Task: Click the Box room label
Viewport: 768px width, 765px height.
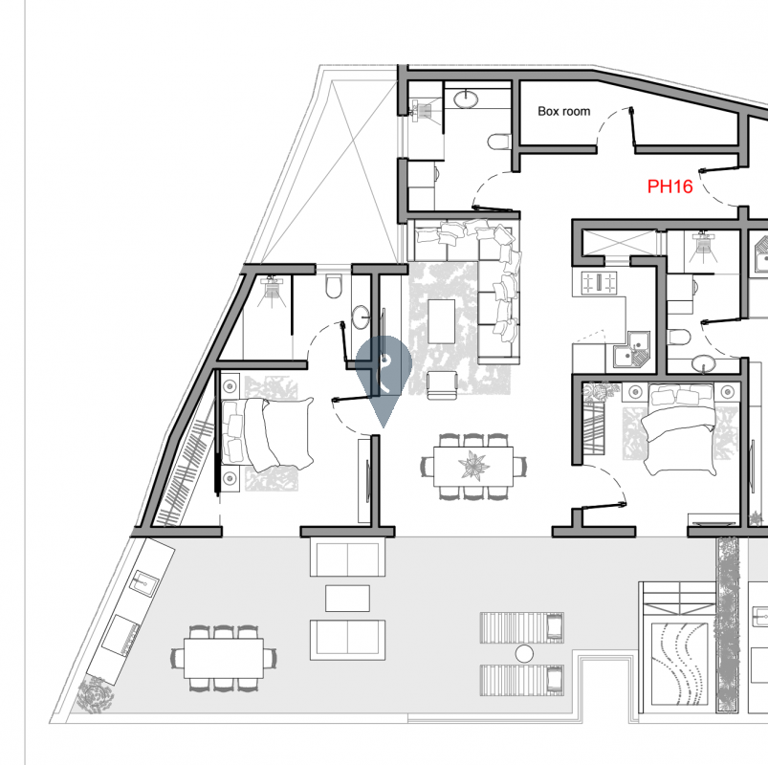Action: (x=563, y=112)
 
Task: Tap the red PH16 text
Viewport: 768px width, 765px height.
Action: (x=669, y=186)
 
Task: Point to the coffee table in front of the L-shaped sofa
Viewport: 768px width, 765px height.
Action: (x=442, y=320)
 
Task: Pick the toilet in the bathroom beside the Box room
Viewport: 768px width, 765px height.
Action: (x=500, y=142)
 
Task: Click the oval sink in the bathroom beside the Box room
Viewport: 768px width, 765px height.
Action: (x=466, y=98)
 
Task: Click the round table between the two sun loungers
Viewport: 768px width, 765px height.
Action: (x=523, y=653)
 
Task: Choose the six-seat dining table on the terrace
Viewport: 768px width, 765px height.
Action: (x=226, y=657)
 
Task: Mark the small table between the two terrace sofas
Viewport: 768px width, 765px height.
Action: (x=347, y=598)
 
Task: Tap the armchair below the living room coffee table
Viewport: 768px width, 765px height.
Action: (x=442, y=384)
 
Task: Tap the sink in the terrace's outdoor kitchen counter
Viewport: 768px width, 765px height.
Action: (x=143, y=581)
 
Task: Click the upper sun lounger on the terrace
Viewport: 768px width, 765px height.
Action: (x=522, y=627)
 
